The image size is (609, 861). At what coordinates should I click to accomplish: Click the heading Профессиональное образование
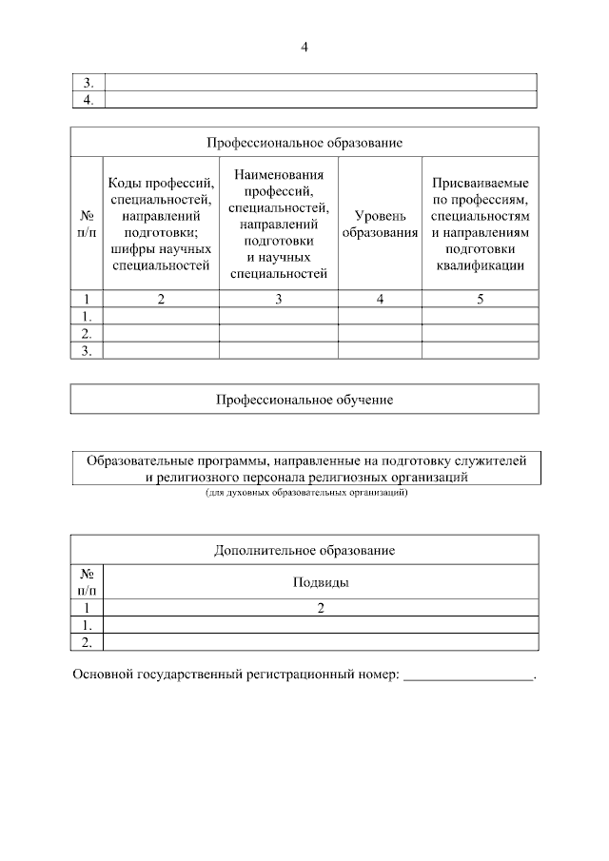pos(304,143)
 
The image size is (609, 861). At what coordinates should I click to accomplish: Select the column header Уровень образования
pos(380,225)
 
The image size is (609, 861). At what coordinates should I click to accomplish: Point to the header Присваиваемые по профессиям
pos(480,224)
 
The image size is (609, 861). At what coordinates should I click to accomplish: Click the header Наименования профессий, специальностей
pos(279,224)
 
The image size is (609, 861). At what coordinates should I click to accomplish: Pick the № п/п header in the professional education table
pos(87,225)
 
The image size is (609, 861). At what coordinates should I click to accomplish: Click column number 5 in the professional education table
pos(480,300)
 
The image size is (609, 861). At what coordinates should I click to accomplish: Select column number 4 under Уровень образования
pos(380,300)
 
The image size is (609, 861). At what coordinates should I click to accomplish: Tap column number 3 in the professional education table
pos(279,300)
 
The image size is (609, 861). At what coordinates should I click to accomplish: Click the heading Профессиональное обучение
pos(304,400)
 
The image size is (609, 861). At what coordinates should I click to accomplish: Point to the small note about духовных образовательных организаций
pos(305,494)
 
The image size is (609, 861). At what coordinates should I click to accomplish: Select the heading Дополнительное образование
pos(304,550)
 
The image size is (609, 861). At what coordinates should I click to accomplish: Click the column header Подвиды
pos(320,582)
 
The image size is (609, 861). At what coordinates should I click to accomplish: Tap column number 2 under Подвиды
pos(320,608)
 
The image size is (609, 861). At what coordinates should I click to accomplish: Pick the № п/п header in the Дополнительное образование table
pos(87,582)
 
